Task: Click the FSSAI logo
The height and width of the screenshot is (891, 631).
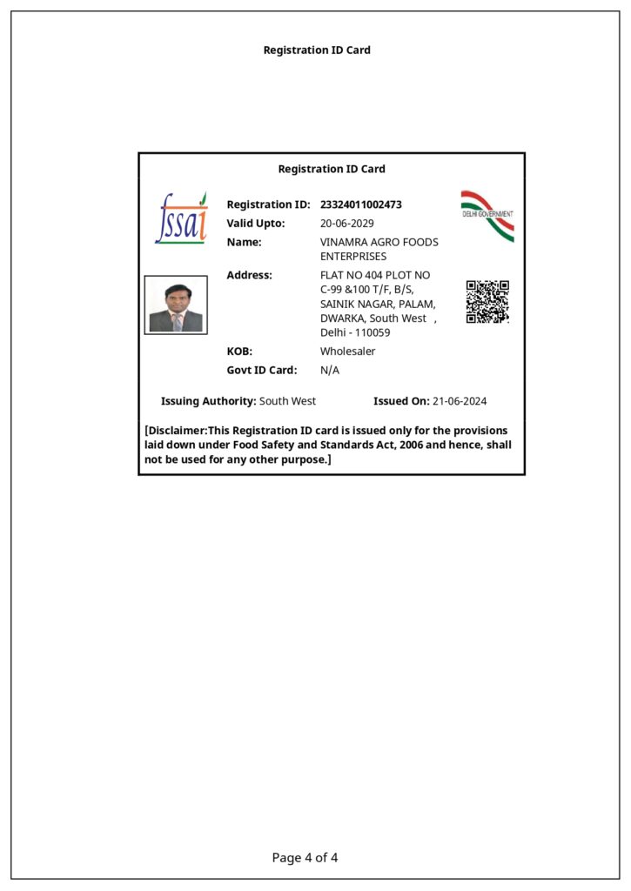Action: [x=181, y=218]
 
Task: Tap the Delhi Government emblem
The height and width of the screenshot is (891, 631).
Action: [x=487, y=215]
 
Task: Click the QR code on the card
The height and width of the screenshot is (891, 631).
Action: [x=487, y=302]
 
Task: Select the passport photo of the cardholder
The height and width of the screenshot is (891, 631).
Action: [x=176, y=305]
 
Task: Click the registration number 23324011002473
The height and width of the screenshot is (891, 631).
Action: [x=361, y=204]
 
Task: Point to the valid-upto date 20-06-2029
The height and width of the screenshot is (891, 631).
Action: [x=347, y=224]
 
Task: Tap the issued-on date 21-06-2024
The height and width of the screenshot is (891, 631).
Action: [x=460, y=401]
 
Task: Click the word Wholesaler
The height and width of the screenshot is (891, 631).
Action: [x=348, y=352]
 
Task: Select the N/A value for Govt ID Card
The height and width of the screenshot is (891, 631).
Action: [x=330, y=371]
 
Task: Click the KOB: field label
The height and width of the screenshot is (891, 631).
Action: [x=239, y=352]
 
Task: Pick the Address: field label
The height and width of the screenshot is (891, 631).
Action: [x=250, y=275]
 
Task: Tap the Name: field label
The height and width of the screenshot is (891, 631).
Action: [x=244, y=242]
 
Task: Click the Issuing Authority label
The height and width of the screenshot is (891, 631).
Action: [x=209, y=401]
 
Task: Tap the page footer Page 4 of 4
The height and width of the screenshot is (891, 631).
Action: [x=305, y=858]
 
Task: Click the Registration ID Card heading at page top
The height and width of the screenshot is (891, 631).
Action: [x=317, y=50]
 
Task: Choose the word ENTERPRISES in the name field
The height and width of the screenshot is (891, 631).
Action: [x=353, y=257]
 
